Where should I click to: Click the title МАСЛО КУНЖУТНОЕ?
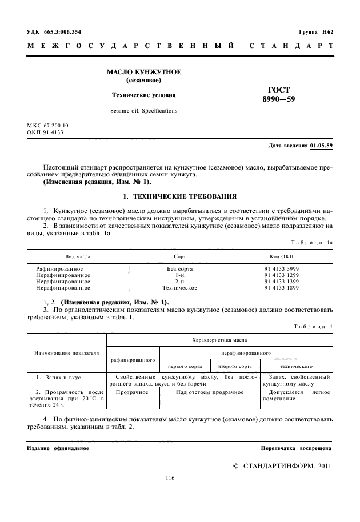coord(144,72)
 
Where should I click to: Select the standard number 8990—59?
coord(279,100)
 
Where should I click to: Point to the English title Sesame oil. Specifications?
coord(144,110)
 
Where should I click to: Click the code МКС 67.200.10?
coord(47,125)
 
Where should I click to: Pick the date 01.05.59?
coord(322,146)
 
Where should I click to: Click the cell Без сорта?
coord(179,268)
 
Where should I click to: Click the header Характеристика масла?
coord(220,339)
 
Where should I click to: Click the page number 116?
coord(170,478)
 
